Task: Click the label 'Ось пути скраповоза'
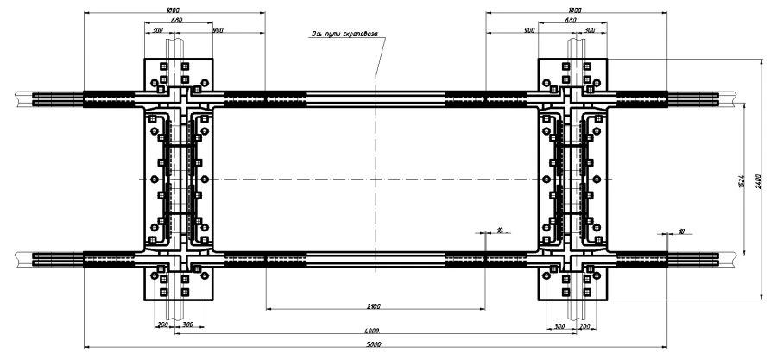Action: coord(349,35)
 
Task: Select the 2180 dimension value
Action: coord(373,306)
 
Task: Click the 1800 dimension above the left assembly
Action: coord(174,10)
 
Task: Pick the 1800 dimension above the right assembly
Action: coord(573,10)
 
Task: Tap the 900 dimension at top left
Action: coord(218,30)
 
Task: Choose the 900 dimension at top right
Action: coord(528,30)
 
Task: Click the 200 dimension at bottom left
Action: coord(162,325)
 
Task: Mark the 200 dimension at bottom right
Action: coord(584,325)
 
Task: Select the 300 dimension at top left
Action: coord(157,30)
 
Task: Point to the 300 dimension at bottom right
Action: coord(559,325)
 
